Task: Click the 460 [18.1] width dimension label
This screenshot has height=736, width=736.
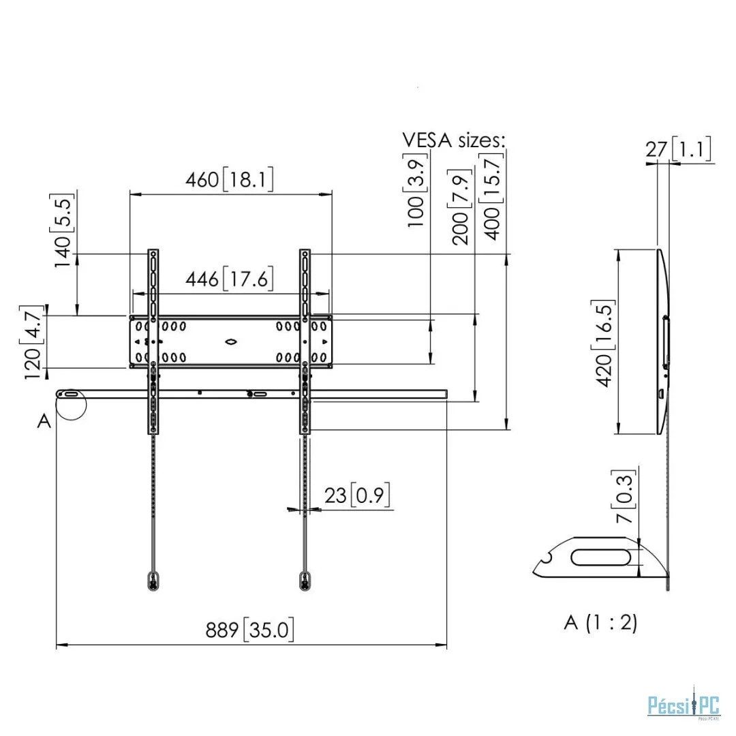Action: [229, 179]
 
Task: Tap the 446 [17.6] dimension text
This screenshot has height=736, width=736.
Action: [229, 279]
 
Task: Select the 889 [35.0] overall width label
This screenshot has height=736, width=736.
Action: [249, 630]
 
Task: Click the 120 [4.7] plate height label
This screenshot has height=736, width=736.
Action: [33, 343]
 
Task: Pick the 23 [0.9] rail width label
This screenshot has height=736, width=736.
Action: [357, 495]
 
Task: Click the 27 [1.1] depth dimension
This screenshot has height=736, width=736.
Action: [678, 149]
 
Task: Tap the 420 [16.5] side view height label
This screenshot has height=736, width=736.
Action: [604, 343]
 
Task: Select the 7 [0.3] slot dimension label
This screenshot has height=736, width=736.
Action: [624, 496]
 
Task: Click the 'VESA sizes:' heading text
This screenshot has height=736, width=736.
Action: [453, 140]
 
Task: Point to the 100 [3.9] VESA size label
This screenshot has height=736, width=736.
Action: [416, 190]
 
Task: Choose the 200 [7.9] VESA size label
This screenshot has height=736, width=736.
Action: [460, 207]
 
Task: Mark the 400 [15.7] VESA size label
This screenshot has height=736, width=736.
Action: [491, 197]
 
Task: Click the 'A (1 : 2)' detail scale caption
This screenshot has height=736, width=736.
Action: [601, 622]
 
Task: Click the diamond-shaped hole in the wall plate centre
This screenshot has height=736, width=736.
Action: [231, 341]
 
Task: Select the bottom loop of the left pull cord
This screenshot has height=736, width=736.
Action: [153, 581]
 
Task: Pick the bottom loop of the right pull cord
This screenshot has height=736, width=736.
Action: [305, 581]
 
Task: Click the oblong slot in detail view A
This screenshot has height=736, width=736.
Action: [601, 557]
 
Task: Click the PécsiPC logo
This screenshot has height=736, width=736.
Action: [684, 705]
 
